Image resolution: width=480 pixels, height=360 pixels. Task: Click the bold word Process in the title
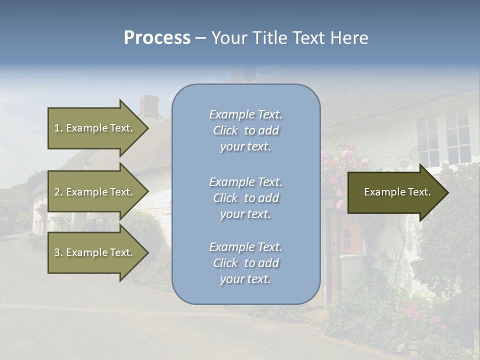tap(157, 38)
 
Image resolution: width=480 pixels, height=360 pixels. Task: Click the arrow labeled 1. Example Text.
tap(95, 128)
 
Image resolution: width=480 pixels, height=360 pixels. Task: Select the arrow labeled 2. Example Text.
tap(95, 192)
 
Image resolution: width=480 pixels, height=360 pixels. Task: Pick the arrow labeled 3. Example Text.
tap(95, 252)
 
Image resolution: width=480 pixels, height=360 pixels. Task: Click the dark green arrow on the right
tap(395, 192)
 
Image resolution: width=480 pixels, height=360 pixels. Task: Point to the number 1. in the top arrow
tap(58, 128)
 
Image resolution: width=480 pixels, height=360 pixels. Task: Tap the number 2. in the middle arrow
tap(58, 192)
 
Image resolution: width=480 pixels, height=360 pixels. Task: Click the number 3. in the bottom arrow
tap(58, 252)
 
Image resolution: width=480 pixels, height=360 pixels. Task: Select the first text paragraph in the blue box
tap(245, 130)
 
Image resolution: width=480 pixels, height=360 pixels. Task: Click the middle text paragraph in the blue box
tap(245, 198)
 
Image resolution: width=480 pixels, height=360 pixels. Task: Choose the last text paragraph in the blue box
tap(245, 263)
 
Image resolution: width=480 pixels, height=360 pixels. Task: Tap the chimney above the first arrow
tap(149, 106)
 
